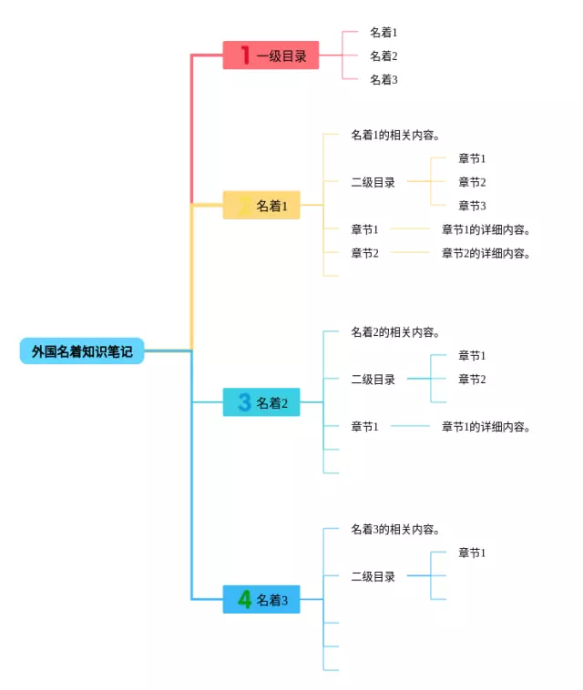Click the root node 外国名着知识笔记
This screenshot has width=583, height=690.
pos(82,350)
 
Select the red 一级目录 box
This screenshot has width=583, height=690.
pos(271,55)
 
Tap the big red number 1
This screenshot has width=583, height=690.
pos(245,55)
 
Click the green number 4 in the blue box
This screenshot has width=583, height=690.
pos(244,599)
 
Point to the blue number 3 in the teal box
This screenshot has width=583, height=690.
pos(244,401)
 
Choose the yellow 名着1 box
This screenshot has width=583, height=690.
pos(261,205)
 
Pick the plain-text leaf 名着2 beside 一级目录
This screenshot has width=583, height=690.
pos(384,56)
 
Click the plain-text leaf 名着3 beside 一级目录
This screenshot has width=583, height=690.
pos(384,79)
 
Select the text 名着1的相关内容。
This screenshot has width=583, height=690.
pos(395,135)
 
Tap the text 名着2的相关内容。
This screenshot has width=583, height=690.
pos(395,331)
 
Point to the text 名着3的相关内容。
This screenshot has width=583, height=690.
pos(395,529)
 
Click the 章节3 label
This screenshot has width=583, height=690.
pos(472,206)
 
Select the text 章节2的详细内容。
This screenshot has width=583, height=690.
pos(486,253)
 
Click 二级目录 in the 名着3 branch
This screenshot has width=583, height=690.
pos(373,576)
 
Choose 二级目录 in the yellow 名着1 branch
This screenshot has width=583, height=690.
pos(373,182)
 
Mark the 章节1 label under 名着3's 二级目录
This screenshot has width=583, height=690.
pos(472,553)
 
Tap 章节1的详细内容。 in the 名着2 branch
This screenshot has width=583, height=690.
pos(486,426)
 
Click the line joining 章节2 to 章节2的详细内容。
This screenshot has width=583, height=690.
pos(410,252)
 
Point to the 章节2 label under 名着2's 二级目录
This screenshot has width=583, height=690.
pos(472,379)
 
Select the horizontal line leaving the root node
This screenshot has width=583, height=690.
pos(169,350)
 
